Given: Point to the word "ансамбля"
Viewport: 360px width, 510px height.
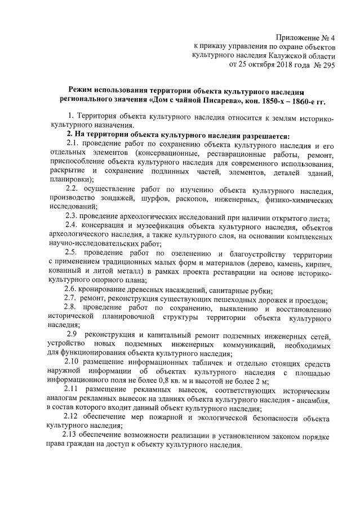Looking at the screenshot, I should tap(319, 400).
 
